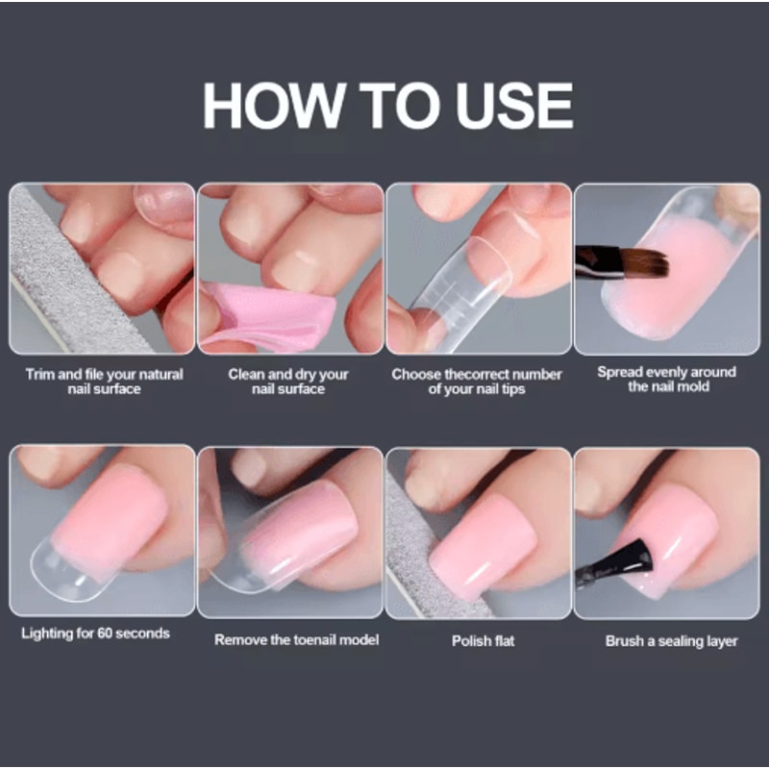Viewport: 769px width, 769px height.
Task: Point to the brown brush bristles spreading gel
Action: tap(642, 262)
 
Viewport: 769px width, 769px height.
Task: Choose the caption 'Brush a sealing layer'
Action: tap(671, 640)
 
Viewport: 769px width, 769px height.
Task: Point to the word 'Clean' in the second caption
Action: tap(247, 374)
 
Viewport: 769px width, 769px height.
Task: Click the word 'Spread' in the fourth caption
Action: tap(619, 371)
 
